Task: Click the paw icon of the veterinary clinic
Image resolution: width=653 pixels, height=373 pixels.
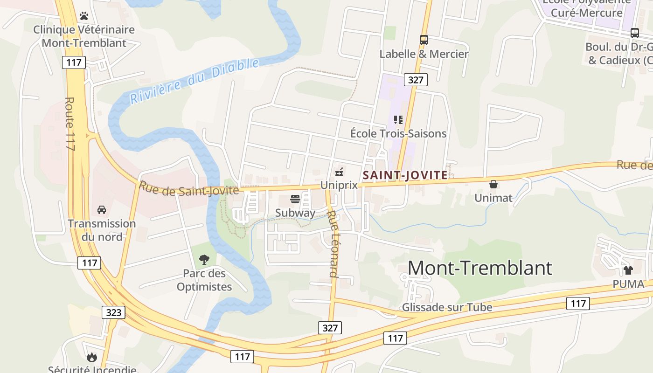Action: (x=84, y=16)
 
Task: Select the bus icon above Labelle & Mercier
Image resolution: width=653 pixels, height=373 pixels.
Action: (x=424, y=40)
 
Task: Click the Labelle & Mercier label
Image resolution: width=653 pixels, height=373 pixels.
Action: (x=424, y=54)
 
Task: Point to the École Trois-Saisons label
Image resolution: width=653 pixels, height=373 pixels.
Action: (x=398, y=133)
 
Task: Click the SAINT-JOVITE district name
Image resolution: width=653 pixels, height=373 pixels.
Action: (x=405, y=175)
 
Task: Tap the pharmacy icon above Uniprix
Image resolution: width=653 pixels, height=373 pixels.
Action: (x=339, y=172)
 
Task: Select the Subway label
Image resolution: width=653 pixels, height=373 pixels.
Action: (x=295, y=213)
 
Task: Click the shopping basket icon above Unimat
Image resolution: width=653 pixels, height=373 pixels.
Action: (x=493, y=185)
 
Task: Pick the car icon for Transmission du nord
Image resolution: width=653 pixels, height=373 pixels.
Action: (x=102, y=210)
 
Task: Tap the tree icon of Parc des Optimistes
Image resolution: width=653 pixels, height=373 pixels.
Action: (x=204, y=260)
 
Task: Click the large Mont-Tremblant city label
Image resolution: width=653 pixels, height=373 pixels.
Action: (x=480, y=268)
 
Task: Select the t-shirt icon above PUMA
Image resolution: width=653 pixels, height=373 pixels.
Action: (x=628, y=270)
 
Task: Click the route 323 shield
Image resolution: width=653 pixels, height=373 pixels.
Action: (x=113, y=312)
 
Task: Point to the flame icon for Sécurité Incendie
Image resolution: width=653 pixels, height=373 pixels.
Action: (x=92, y=357)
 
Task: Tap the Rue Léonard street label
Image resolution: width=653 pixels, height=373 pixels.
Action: (x=332, y=244)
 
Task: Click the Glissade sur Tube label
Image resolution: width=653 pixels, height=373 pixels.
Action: (x=447, y=307)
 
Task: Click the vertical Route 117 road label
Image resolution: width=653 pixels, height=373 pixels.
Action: (x=70, y=124)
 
